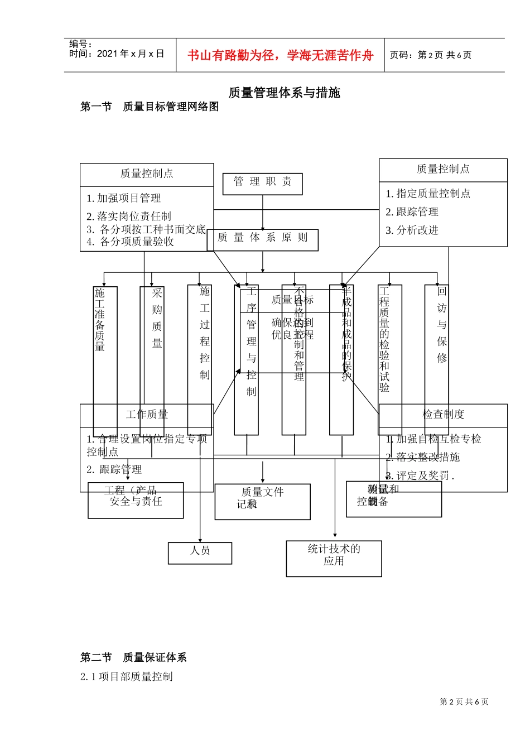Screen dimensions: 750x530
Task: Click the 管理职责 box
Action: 262,183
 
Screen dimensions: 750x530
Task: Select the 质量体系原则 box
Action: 262,239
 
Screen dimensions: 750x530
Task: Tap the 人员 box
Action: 200,552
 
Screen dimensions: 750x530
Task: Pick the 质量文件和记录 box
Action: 262,501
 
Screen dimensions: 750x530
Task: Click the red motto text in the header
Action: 280,55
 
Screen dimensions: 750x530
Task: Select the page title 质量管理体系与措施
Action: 284,93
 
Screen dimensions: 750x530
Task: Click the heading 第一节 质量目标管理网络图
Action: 150,107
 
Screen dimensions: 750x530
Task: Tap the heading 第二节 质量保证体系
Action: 133,657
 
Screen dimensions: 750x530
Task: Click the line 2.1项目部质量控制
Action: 127,676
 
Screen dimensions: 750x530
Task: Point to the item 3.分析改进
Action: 412,230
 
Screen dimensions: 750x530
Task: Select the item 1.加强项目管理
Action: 124,198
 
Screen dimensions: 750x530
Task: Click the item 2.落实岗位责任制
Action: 129,216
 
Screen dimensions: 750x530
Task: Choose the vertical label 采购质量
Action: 157,318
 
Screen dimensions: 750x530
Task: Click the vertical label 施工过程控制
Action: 205,333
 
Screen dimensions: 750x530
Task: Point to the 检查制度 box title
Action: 443,415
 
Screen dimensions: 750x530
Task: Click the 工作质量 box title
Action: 147,415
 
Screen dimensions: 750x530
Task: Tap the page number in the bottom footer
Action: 464,701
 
